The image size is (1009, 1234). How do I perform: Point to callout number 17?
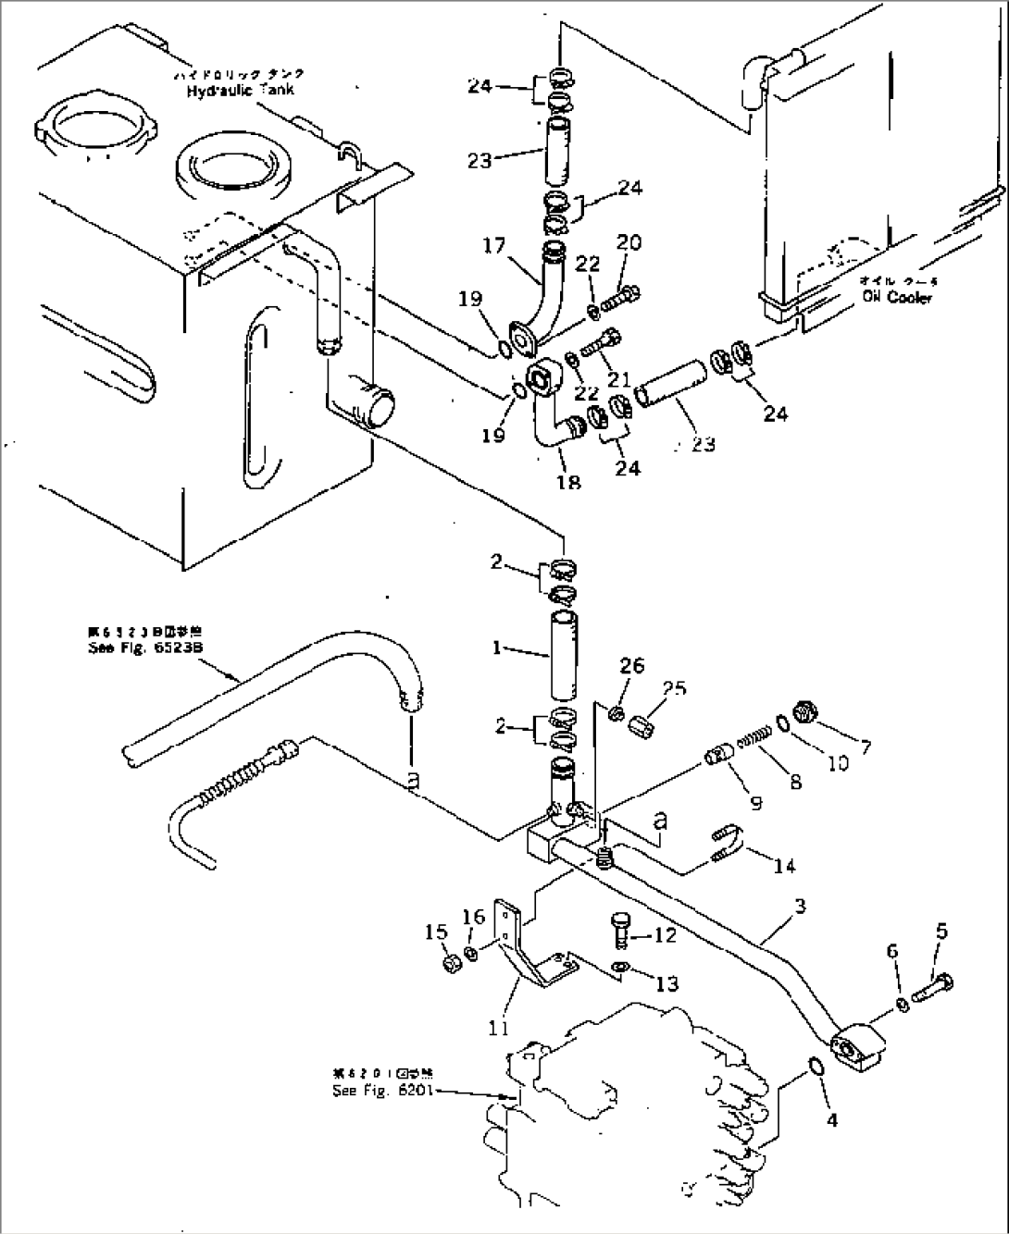[493, 247]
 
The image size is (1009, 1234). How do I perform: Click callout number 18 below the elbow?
[569, 482]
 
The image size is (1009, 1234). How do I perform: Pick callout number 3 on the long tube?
[799, 907]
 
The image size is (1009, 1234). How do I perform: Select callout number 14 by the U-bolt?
[785, 865]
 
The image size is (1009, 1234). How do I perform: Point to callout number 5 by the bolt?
[940, 933]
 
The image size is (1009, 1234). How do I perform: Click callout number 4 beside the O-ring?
[831, 1120]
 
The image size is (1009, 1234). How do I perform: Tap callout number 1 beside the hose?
[496, 648]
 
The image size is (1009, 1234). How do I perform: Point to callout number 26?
[631, 666]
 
